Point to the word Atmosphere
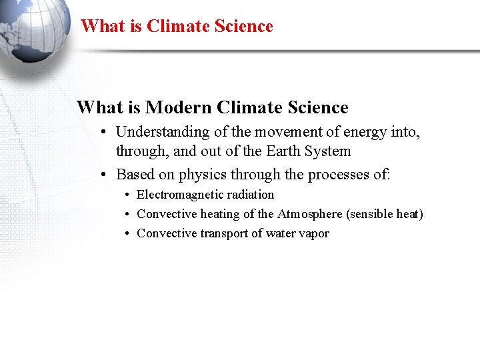(x=308, y=214)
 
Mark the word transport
(x=225, y=233)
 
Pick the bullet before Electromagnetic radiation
(x=128, y=195)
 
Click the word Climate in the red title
(x=176, y=27)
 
